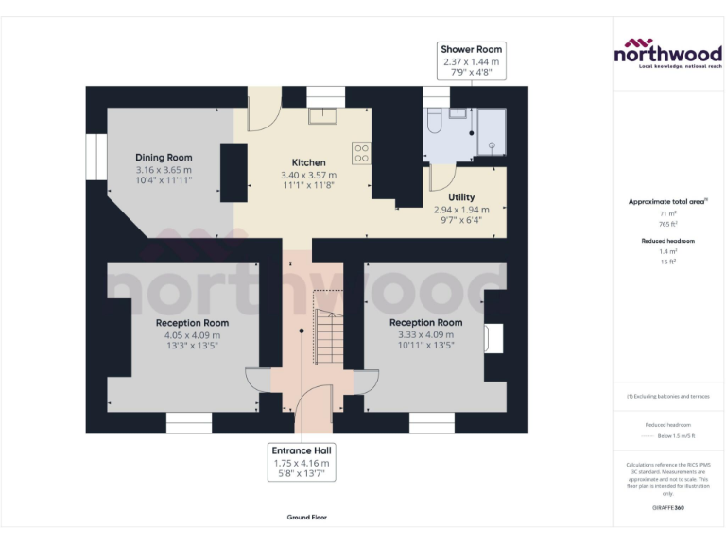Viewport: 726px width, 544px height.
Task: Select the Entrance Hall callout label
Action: tap(302, 464)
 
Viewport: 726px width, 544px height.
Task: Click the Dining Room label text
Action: tap(164, 157)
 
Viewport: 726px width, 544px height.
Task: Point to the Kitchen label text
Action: tap(308, 161)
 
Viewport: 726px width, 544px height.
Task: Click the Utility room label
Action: tap(461, 197)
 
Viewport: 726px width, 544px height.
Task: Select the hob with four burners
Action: tap(361, 153)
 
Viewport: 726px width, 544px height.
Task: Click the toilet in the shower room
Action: tap(434, 121)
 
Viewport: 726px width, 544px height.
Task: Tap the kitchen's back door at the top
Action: tap(261, 111)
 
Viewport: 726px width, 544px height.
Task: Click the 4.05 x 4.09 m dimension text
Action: tap(192, 334)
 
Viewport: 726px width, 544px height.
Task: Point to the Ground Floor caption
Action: tap(306, 518)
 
